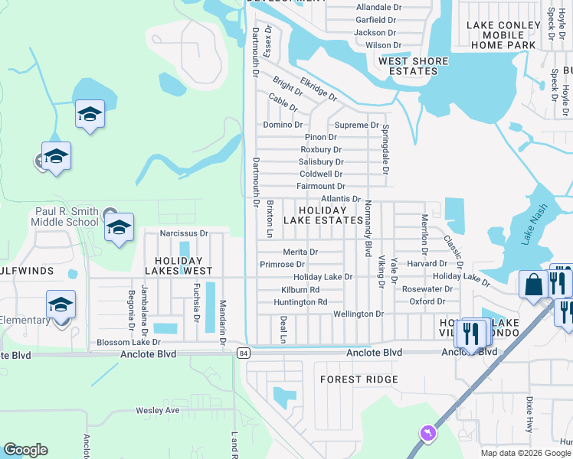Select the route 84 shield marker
pyautogui.click(x=244, y=353)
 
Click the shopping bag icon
pyautogui.click(x=532, y=285)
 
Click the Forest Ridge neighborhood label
pyautogui.click(x=359, y=379)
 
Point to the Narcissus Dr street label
pyautogui.click(x=184, y=233)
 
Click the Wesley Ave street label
pyautogui.click(x=157, y=411)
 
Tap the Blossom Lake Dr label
pyautogui.click(x=128, y=343)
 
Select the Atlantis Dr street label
pyautogui.click(x=341, y=199)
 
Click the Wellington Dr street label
pyautogui.click(x=358, y=314)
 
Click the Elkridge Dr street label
pyautogui.click(x=319, y=89)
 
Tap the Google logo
pyautogui.click(x=25, y=450)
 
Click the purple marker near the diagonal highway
pyautogui.click(x=427, y=435)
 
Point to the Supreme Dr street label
pyautogui.click(x=356, y=125)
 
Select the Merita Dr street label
pyautogui.click(x=300, y=252)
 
